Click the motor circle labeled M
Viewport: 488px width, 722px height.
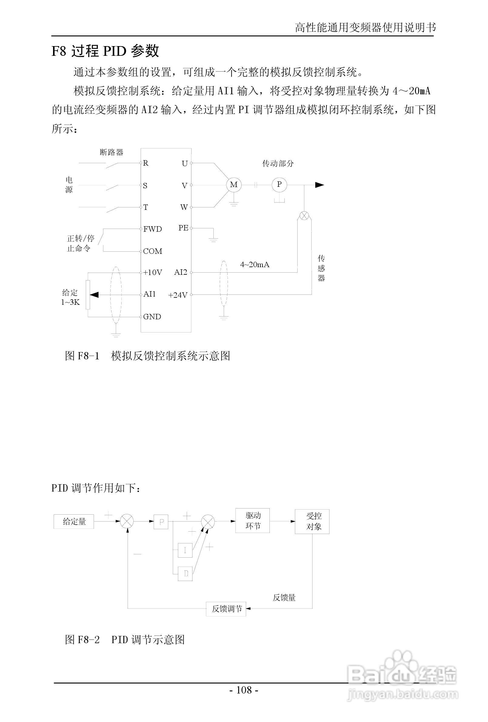point(234,185)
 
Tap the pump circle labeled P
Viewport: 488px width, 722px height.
point(279,185)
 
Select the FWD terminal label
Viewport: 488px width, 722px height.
point(152,229)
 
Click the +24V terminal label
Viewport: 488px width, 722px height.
point(178,295)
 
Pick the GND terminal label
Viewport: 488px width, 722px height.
point(152,317)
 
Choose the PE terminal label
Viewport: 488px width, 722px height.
point(183,228)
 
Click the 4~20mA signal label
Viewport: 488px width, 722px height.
point(255,265)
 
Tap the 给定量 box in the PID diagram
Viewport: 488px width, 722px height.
point(74,521)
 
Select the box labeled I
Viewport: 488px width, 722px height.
point(185,550)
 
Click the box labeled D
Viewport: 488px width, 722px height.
point(186,573)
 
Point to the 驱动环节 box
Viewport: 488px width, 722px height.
point(252,521)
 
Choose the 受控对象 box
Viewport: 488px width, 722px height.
point(312,521)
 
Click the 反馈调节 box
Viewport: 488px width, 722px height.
point(226,609)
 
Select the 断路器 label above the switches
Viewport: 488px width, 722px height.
point(112,152)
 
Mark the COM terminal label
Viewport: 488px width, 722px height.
point(152,251)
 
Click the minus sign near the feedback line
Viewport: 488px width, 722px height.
point(138,554)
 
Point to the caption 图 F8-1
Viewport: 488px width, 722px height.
point(82,356)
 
